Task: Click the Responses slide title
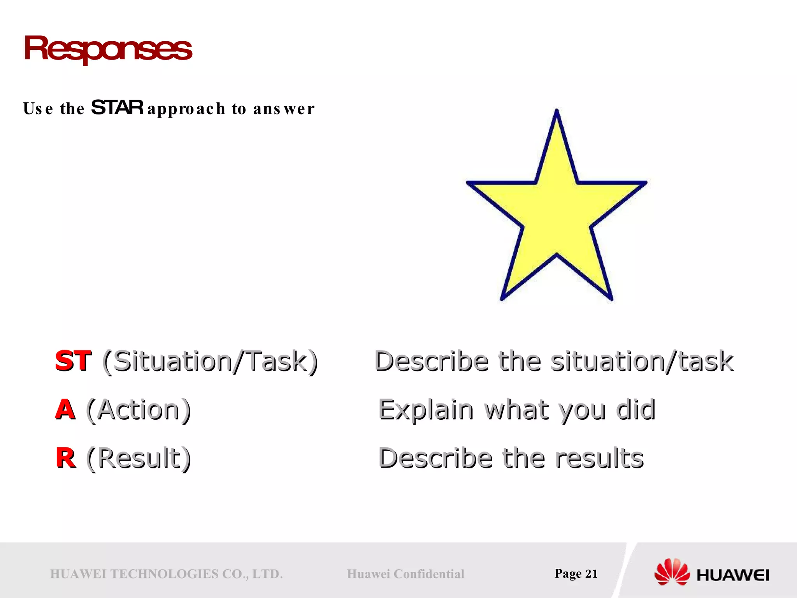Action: click(107, 48)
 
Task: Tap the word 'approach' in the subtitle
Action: click(186, 109)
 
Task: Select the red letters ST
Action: click(73, 361)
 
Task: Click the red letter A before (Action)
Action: click(65, 410)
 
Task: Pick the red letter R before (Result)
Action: click(65, 458)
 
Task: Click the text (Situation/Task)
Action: click(210, 361)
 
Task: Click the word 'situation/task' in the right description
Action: click(642, 361)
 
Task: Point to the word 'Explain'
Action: click(426, 410)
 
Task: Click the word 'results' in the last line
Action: click(599, 458)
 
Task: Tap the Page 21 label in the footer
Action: click(576, 573)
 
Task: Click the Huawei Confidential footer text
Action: click(406, 574)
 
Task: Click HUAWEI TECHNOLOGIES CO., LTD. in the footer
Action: click(166, 574)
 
